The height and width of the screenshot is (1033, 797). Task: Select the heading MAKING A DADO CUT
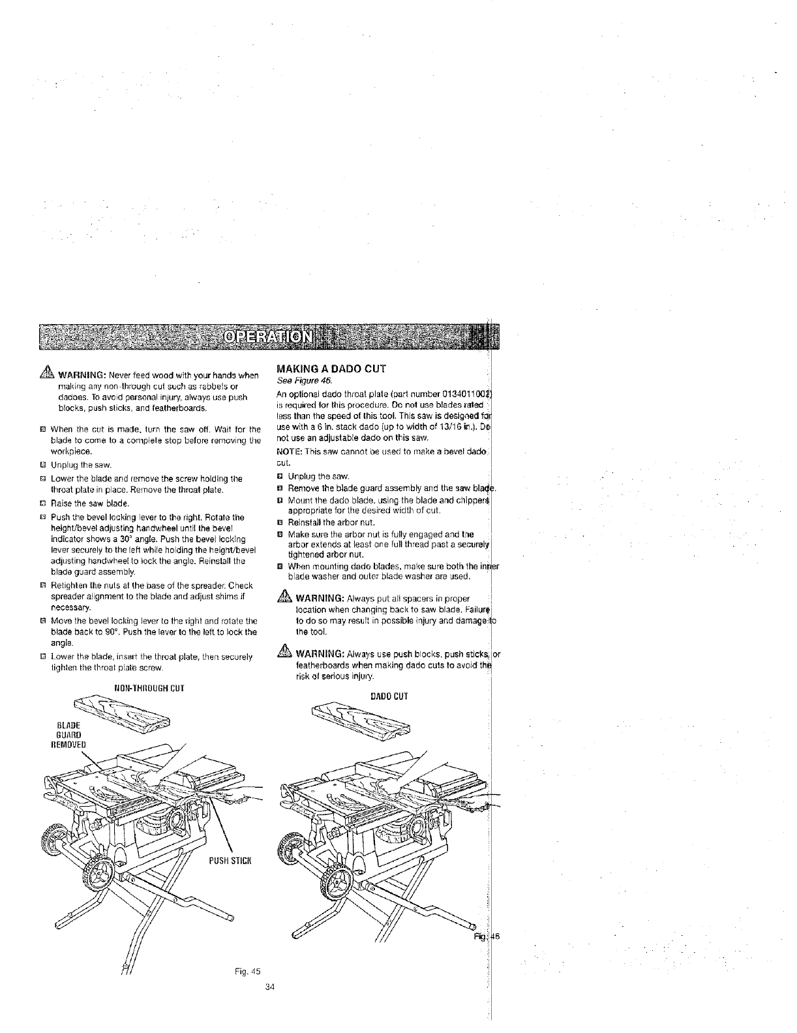point(331,369)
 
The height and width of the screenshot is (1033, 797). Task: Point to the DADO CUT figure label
point(389,696)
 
